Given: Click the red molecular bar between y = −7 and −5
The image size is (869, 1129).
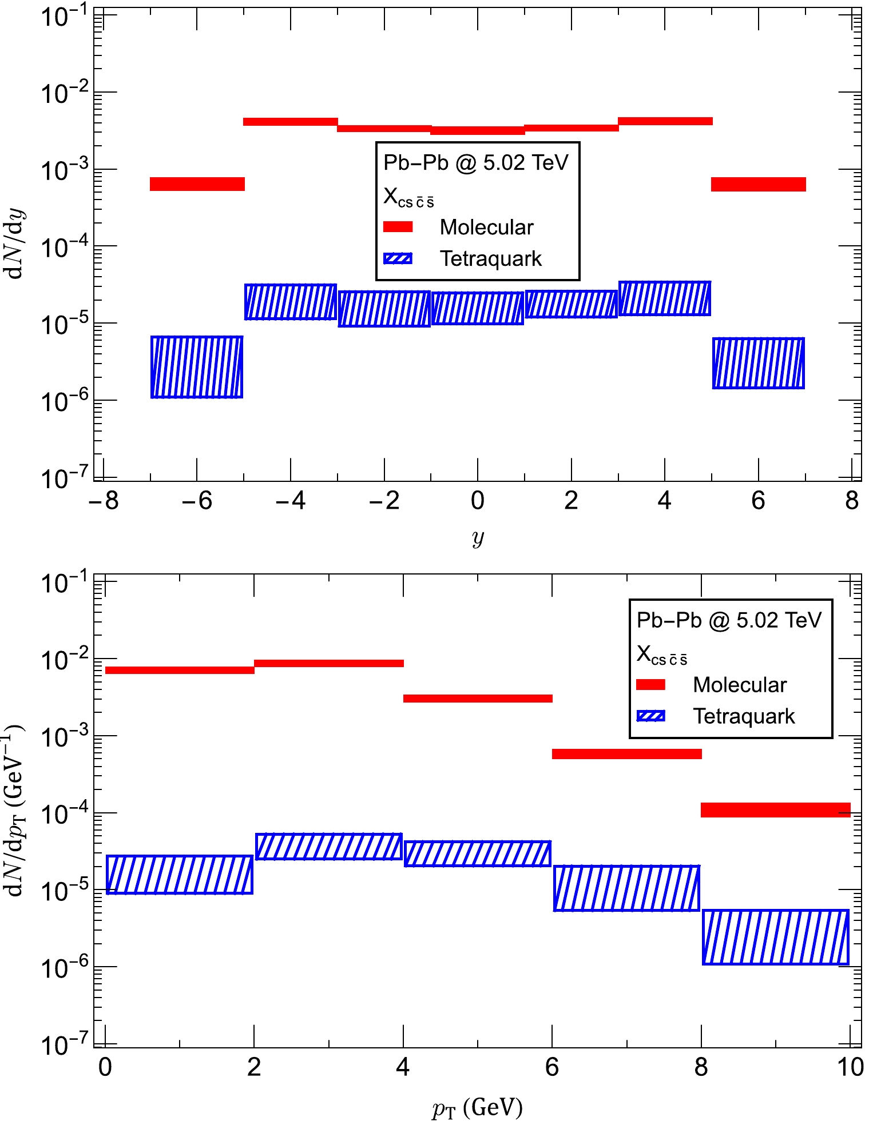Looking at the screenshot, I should click(197, 184).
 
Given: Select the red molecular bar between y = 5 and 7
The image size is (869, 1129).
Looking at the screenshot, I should click(759, 184).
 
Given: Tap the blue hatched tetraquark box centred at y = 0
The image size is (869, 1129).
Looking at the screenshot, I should click(478, 309).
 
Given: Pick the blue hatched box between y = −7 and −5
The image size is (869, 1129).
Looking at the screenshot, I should click(197, 367).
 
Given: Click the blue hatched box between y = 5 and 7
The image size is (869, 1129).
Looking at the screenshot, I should click(759, 363).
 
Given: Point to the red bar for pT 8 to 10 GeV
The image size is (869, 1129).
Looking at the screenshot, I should click(776, 810).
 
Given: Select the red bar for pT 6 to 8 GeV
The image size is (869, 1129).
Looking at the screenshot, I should click(627, 754).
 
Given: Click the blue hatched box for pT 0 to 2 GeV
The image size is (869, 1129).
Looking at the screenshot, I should click(180, 875).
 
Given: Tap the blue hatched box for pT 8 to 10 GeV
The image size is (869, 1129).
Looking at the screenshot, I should click(776, 937).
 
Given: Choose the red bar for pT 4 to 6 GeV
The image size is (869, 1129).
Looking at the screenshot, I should click(478, 699).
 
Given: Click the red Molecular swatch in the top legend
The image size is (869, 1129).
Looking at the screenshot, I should click(398, 227).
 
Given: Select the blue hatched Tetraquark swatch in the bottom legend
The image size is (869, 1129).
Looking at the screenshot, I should click(651, 716).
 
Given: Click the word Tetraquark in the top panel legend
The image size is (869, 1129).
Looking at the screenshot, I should click(490, 258).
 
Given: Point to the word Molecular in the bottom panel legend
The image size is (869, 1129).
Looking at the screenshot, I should click(740, 684).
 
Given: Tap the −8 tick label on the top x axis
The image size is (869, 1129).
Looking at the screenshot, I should click(104, 501).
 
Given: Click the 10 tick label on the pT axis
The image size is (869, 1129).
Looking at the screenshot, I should click(850, 1067).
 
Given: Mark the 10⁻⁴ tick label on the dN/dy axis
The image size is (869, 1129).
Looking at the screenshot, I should click(64, 248).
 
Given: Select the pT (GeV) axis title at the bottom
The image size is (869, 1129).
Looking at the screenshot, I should click(478, 1108).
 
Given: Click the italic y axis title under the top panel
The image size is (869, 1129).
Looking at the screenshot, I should click(478, 537).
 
